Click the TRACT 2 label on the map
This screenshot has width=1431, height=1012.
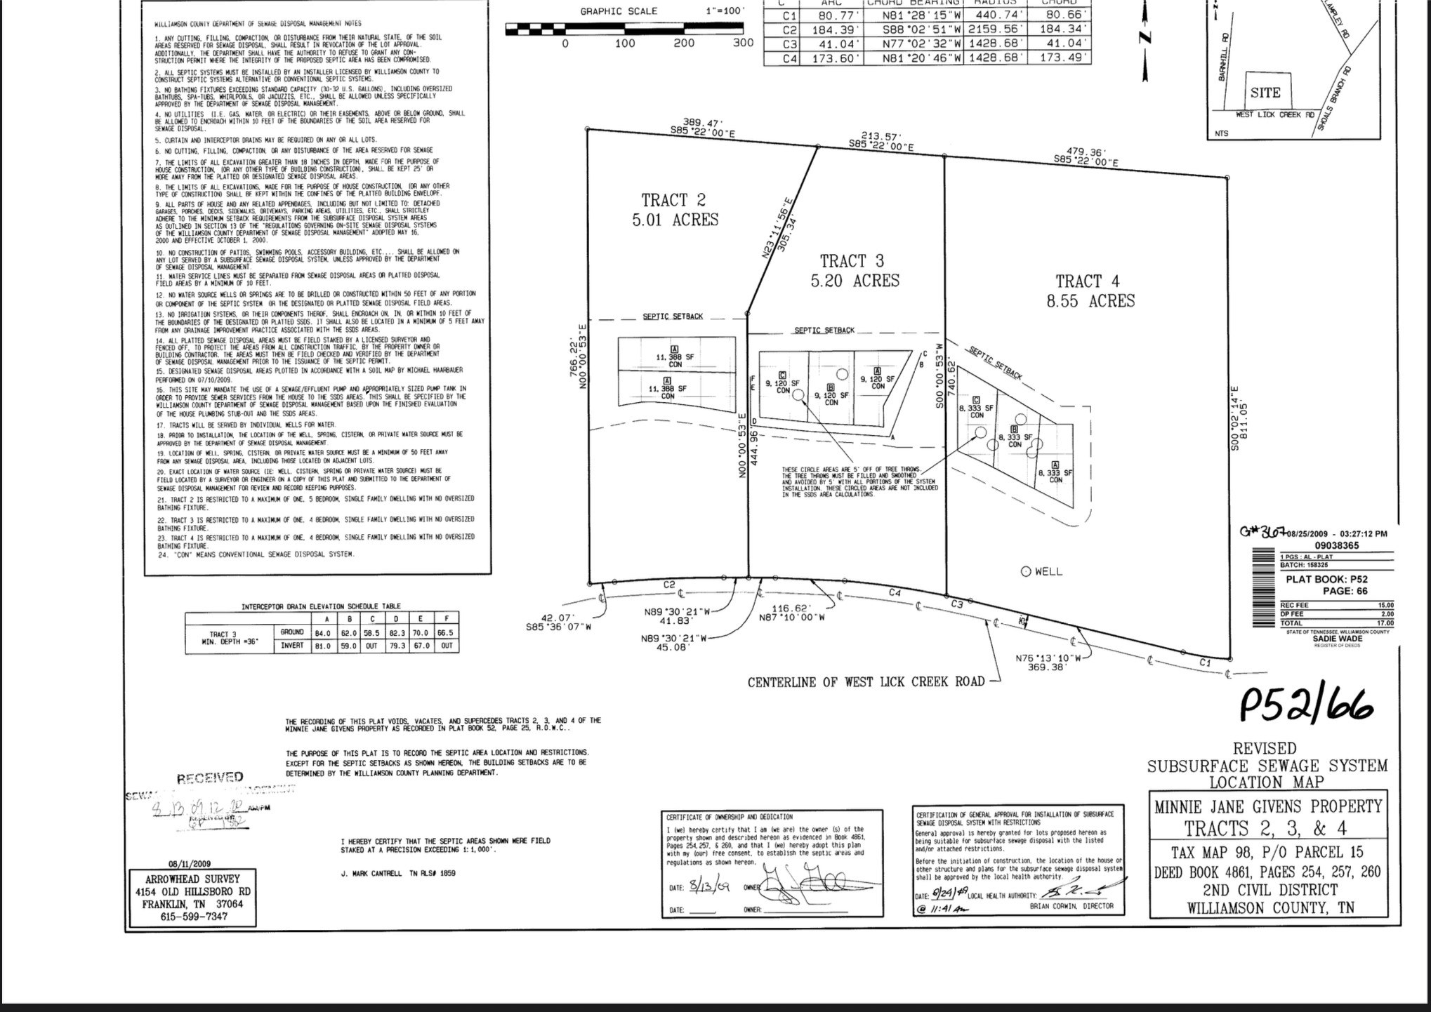(673, 201)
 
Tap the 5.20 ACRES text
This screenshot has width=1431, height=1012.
(855, 281)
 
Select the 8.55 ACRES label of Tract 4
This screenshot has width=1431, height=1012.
(1090, 301)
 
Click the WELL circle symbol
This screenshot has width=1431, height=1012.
(1026, 571)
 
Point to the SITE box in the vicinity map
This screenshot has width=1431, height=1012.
(1265, 93)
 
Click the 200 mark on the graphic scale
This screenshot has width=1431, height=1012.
(684, 44)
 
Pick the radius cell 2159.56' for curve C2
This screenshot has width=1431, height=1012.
(996, 30)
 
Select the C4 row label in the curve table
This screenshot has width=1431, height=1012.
(790, 58)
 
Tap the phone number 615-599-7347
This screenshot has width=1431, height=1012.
(193, 917)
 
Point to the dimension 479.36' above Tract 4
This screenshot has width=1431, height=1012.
(1086, 152)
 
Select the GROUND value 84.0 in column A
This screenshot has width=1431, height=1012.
(322, 633)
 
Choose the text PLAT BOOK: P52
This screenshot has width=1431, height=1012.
(1326, 580)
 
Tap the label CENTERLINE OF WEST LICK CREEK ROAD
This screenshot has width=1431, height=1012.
(866, 682)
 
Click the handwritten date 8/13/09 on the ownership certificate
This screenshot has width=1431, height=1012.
(709, 887)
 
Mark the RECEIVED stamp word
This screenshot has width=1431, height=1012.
(210, 778)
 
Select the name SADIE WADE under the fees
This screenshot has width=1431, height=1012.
(1337, 639)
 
